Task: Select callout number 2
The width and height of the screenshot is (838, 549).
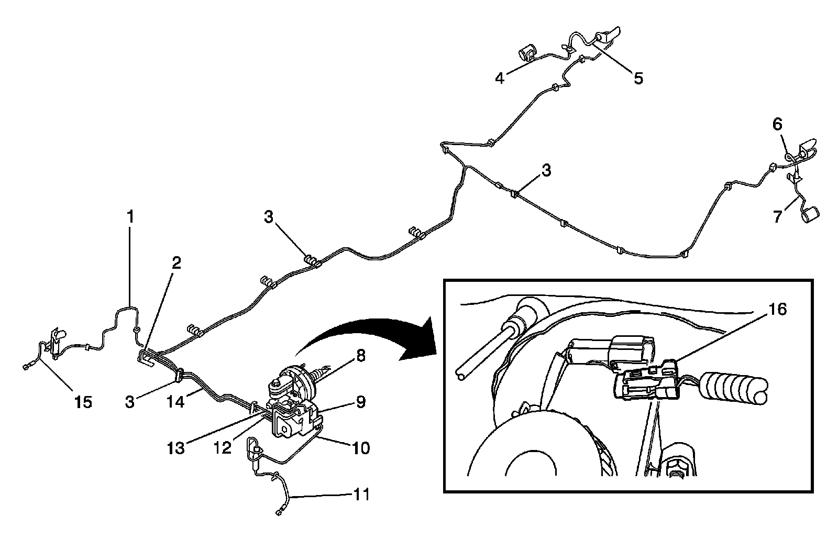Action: click(177, 263)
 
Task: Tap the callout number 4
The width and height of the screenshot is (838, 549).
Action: click(500, 79)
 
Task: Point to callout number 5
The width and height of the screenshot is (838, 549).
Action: click(638, 79)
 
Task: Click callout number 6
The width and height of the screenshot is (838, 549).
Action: click(777, 124)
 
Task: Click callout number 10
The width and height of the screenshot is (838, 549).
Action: click(361, 448)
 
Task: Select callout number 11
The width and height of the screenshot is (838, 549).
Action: click(361, 494)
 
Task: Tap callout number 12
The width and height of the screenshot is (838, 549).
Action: click(223, 448)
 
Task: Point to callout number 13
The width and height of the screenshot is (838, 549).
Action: click(177, 448)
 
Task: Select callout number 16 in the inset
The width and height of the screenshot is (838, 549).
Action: click(778, 310)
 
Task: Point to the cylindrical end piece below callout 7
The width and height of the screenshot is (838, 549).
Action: click(811, 215)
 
